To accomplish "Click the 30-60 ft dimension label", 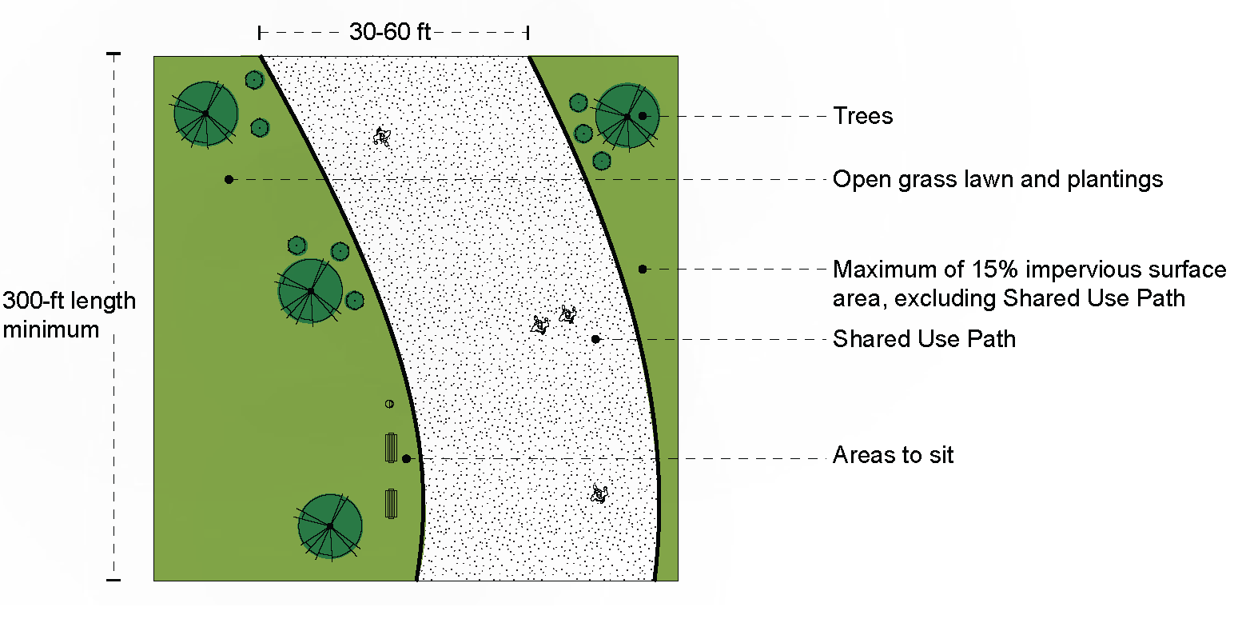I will click(x=389, y=32).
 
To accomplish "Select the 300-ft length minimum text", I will click(x=69, y=315).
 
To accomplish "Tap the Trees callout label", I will click(x=862, y=116).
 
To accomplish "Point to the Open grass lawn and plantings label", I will click(x=997, y=179).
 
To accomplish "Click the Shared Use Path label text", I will click(x=924, y=339).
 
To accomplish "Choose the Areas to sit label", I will click(x=893, y=456).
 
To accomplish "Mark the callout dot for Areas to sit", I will click(x=406, y=458).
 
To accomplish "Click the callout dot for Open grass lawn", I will click(x=229, y=179).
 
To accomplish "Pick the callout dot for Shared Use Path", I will click(x=595, y=339).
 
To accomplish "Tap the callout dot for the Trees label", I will click(x=643, y=116).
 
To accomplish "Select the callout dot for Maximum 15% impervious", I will click(x=643, y=269).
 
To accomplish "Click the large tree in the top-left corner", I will click(x=205, y=114).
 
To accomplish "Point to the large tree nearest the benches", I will click(x=329, y=525).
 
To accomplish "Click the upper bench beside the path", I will click(x=391, y=447).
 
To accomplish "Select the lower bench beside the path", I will click(x=391, y=504).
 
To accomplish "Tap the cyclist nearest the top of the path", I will click(x=383, y=137).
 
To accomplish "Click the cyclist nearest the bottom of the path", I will click(x=599, y=493).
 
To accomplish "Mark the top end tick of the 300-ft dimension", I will click(x=113, y=54).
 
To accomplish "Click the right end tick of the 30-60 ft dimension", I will click(x=527, y=32).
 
